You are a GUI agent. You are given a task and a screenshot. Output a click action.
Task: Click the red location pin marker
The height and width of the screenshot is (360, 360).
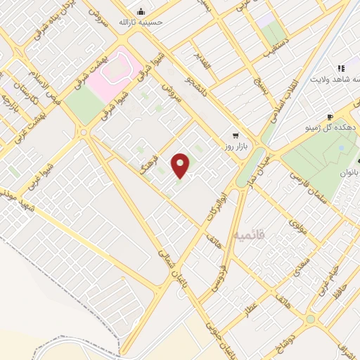pyautogui.click(x=181, y=165)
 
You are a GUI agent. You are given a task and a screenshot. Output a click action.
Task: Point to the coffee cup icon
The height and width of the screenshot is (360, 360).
pyautogui.click(x=330, y=117)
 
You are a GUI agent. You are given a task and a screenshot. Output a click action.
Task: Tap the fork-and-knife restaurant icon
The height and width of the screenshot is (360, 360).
pyautogui.click(x=341, y=68)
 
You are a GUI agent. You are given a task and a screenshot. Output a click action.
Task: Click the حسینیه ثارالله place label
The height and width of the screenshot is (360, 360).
pyautogui.click(x=148, y=22)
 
